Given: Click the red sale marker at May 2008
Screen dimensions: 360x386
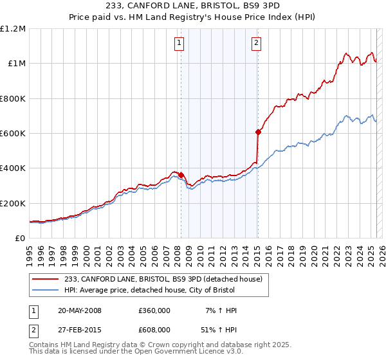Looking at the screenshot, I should coord(181,175).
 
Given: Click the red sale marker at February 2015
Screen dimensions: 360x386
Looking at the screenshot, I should coord(258,132).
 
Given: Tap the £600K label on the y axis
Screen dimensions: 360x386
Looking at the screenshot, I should coord(13,134).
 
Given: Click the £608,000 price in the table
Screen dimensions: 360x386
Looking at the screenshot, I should coord(154,329).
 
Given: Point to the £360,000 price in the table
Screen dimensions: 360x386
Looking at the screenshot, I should coord(154,310).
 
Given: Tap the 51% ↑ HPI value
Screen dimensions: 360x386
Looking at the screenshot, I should coord(220,329).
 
